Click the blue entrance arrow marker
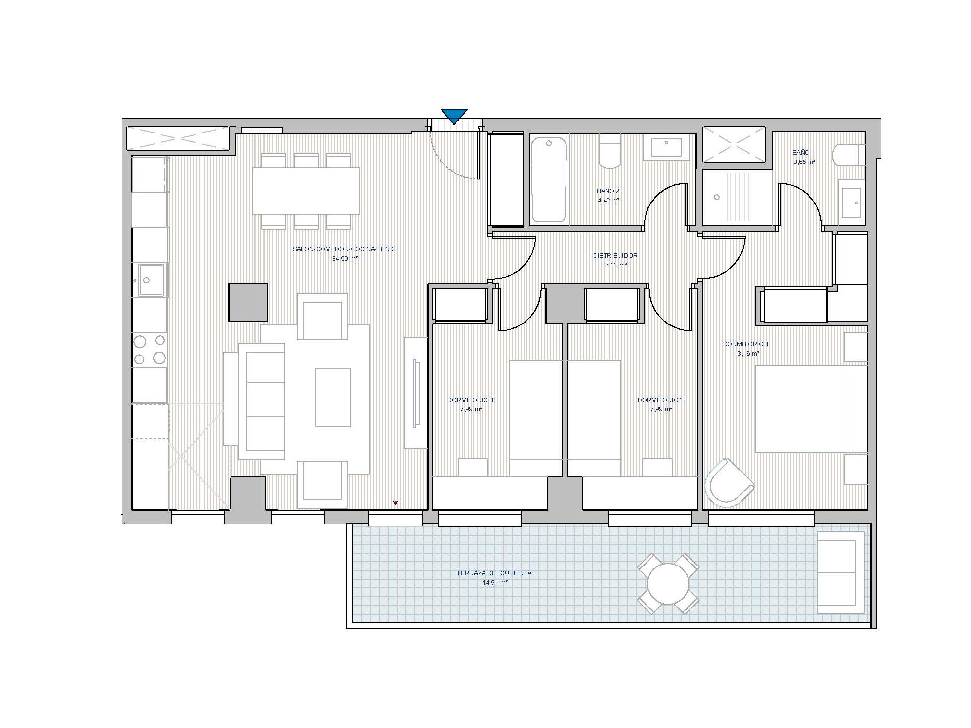454,116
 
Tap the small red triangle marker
395,503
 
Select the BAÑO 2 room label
608,191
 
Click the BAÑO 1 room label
803,153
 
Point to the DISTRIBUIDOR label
615,256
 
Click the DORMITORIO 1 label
745,344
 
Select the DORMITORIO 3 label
470,400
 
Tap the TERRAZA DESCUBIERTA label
494,573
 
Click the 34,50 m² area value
345,259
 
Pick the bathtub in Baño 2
548,179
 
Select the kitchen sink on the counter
151,280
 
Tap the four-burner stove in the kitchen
150,349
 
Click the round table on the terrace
668,584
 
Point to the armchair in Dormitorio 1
729,483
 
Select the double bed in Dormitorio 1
811,409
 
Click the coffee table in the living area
333,397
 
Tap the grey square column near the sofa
248,302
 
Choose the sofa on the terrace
841,573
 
